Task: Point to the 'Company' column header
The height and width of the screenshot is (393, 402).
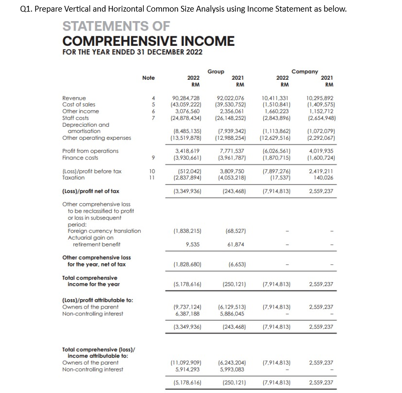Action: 304,71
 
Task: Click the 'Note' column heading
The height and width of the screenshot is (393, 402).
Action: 149,78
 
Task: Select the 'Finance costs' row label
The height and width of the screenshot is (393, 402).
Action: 79,157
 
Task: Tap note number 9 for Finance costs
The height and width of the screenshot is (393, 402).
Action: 153,157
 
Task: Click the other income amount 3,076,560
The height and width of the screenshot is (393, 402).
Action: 187,111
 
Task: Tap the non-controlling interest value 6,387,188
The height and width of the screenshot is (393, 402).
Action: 187,313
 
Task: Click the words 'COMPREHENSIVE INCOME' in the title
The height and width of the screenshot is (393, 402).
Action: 148,41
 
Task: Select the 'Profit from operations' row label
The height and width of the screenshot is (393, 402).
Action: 90,151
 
